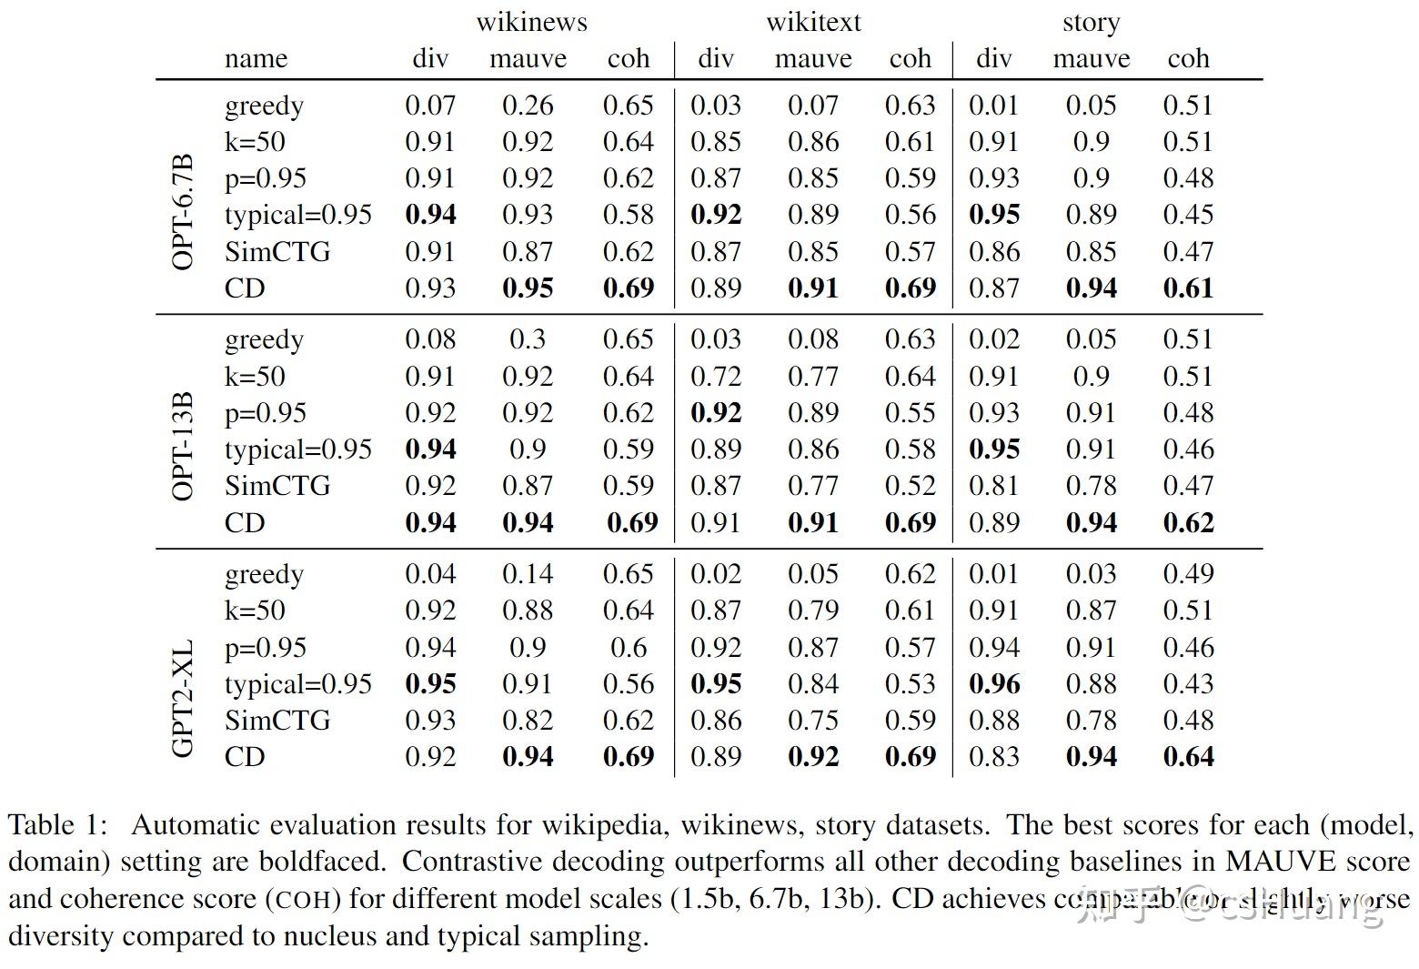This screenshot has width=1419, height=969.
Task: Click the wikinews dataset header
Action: [531, 22]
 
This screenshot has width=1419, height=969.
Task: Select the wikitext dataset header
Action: [812, 22]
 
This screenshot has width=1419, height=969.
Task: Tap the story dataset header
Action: [1091, 22]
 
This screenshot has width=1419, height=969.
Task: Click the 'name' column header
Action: [256, 59]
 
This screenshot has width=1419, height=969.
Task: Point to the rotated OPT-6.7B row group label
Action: [183, 213]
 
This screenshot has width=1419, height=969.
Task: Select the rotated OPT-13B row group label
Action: [183, 447]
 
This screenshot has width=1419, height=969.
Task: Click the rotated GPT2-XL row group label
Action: [183, 699]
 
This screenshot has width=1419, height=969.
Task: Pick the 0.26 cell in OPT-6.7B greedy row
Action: [528, 106]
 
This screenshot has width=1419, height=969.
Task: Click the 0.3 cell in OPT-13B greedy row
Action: [528, 339]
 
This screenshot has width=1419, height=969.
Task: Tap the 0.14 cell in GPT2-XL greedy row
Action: [528, 574]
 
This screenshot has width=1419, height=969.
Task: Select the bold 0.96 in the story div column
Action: [993, 684]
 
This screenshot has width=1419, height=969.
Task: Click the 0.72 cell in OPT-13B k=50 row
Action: [715, 377]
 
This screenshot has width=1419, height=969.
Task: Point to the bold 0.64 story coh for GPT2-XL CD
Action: [1188, 757]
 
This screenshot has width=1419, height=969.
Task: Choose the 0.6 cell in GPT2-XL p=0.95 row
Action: [628, 648]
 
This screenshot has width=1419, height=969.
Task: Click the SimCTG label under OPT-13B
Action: [277, 486]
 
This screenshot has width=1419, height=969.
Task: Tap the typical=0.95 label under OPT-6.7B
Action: [298, 216]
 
